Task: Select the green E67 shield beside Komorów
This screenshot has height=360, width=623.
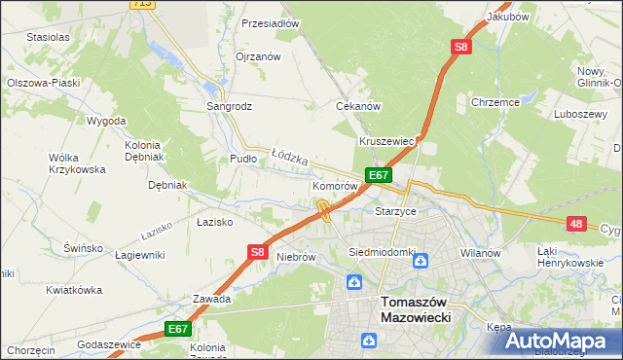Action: (379, 175)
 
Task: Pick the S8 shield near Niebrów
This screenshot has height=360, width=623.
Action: (257, 252)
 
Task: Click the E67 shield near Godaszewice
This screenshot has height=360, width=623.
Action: (177, 329)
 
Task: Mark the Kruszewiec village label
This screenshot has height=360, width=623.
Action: (387, 141)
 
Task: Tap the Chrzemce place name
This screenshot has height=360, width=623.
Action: (495, 101)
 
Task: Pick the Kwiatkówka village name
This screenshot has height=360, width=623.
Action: (74, 290)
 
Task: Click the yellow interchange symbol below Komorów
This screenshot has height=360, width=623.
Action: (323, 208)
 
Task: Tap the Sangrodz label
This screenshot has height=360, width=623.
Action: (229, 104)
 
